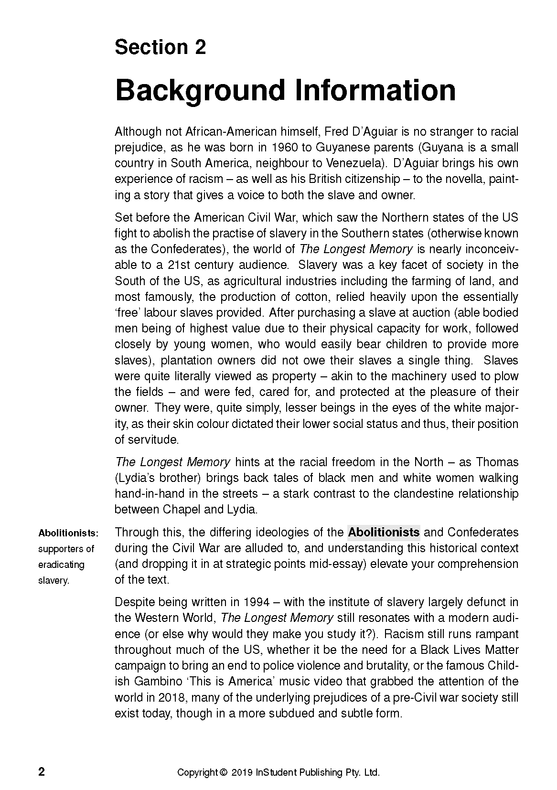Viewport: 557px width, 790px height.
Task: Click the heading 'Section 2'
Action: [x=160, y=48]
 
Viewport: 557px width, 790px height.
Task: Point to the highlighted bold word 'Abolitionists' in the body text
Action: [x=384, y=532]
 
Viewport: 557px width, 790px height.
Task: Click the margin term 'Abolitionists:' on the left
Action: [x=68, y=533]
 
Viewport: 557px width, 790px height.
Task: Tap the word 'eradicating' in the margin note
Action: [x=61, y=565]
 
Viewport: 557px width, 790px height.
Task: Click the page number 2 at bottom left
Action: [x=42, y=772]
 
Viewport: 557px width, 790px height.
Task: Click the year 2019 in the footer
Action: [x=242, y=772]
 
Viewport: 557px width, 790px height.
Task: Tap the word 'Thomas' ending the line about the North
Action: [x=497, y=462]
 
